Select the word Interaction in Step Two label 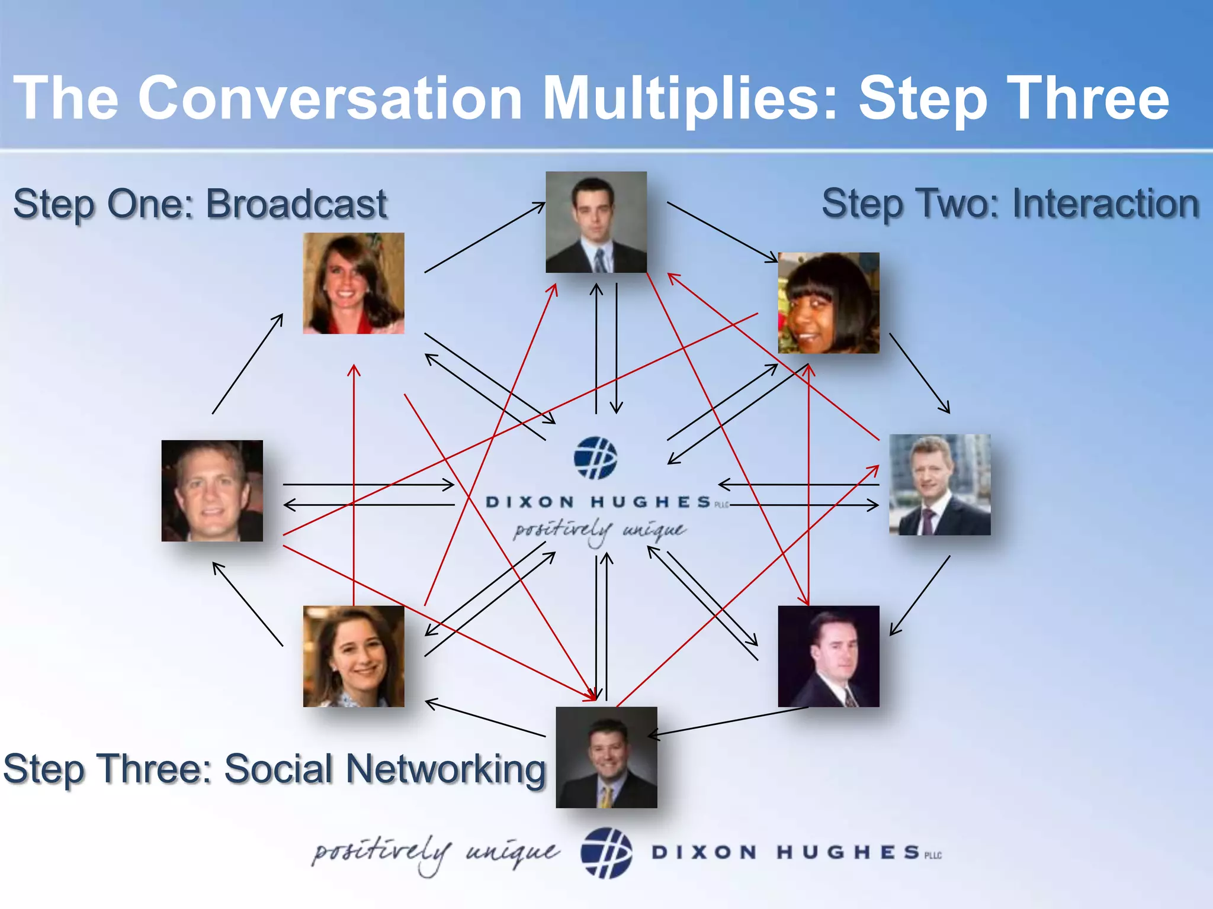pyautogui.click(x=1105, y=204)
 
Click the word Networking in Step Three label pyautogui.click(x=445, y=769)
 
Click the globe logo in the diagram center pyautogui.click(x=595, y=457)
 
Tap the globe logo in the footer pyautogui.click(x=606, y=852)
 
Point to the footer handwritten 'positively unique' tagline pyautogui.click(x=435, y=853)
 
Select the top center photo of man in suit pyautogui.click(x=596, y=222)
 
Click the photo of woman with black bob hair pyautogui.click(x=828, y=303)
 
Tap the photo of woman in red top pyautogui.click(x=354, y=283)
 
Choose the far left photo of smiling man pyautogui.click(x=212, y=491)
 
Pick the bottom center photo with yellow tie pyautogui.click(x=606, y=757)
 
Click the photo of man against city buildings pyautogui.click(x=939, y=485)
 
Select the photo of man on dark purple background pyautogui.click(x=828, y=656)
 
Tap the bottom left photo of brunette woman pyautogui.click(x=354, y=656)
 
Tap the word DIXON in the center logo pyautogui.click(x=530, y=502)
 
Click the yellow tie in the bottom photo pyautogui.click(x=605, y=797)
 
